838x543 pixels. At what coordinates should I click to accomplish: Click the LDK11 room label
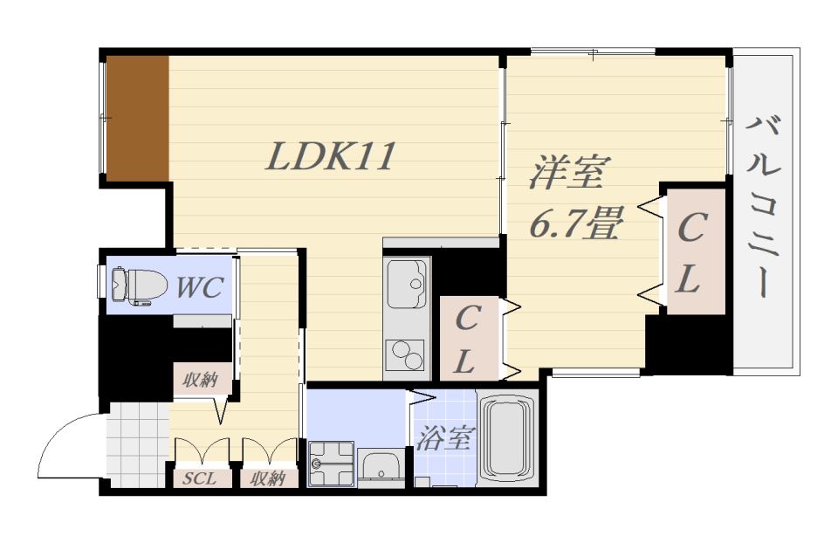(x=331, y=157)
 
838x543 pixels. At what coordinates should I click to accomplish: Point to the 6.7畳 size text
(x=575, y=224)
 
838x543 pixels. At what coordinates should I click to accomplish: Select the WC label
(x=200, y=286)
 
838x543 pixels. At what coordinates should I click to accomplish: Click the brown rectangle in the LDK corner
(x=137, y=119)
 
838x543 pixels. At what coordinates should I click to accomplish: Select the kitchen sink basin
(x=406, y=283)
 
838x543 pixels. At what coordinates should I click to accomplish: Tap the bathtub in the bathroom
(x=508, y=441)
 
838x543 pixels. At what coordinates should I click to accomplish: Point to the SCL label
(x=200, y=478)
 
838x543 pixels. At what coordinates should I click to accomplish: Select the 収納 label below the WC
(x=200, y=380)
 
